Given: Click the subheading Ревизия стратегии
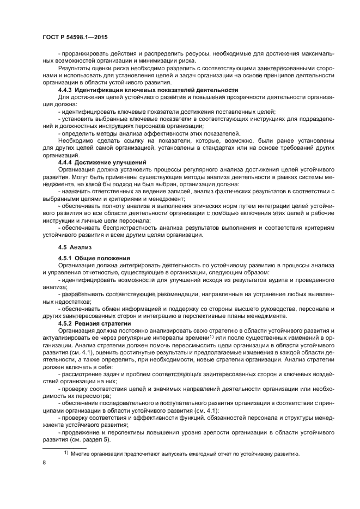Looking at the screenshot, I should pyautogui.click(x=103, y=323).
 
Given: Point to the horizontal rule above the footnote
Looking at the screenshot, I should pyautogui.click(x=64, y=446).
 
